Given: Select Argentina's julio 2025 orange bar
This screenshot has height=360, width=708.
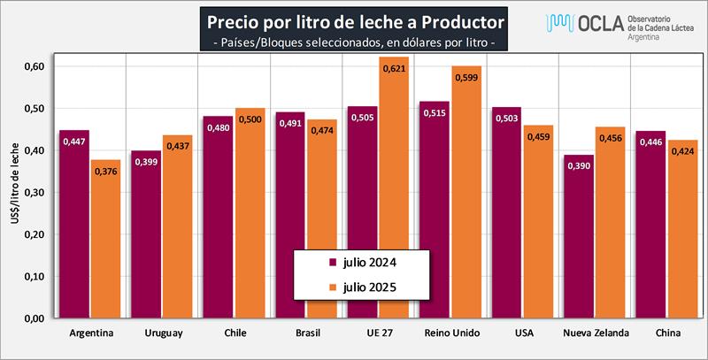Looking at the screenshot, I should [105, 239].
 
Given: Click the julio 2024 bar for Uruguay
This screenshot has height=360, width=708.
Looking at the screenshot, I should [146, 234].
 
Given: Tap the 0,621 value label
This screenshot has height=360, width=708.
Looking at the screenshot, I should [395, 68].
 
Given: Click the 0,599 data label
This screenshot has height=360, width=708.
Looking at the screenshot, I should [466, 78].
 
